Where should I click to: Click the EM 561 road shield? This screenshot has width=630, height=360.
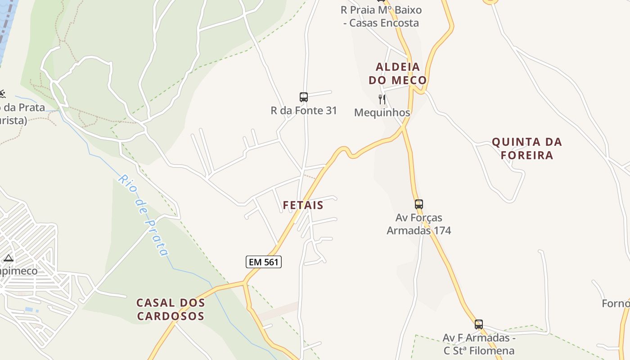[263, 262]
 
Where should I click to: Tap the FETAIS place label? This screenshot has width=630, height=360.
[303, 205]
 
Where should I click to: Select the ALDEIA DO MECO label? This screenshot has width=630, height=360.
[397, 73]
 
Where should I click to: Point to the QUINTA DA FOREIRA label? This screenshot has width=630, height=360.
[526, 148]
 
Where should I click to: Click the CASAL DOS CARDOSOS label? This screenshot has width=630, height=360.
[171, 309]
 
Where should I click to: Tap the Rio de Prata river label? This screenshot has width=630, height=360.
[143, 215]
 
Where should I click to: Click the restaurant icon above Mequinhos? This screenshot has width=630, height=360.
[382, 99]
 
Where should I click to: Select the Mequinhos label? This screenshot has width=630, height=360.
[382, 112]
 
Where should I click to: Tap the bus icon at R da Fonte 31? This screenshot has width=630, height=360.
[304, 97]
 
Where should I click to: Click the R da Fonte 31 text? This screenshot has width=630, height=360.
[304, 110]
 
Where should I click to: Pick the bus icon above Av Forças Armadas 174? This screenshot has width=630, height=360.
[419, 204]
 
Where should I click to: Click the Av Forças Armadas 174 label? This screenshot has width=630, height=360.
[419, 224]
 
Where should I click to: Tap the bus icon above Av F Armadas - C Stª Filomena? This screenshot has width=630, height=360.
[479, 324]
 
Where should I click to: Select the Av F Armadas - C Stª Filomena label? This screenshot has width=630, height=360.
[479, 344]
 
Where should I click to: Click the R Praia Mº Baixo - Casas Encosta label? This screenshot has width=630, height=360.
[381, 16]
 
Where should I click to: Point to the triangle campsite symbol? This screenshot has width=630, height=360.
[8, 258]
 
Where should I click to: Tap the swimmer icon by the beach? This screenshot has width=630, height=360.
[2, 94]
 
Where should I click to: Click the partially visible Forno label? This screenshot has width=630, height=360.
[616, 304]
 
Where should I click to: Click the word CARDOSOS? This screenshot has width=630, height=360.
[171, 316]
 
